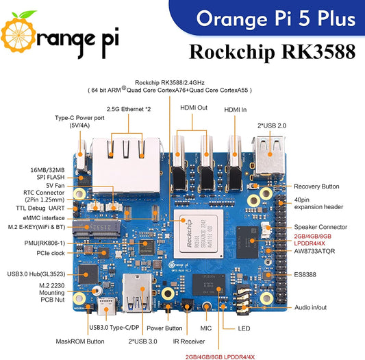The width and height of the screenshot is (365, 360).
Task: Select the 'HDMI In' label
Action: coord(235,109)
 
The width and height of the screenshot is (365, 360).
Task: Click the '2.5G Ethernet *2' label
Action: coord(129,108)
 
